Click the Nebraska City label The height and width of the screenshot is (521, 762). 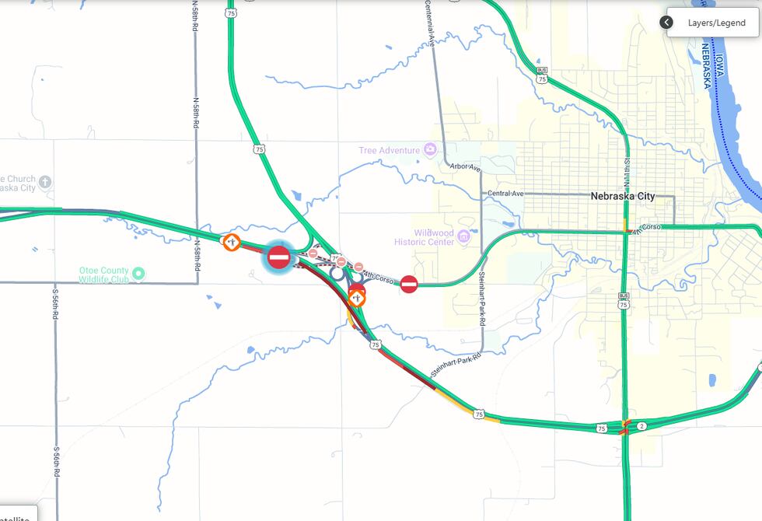(x=623, y=197)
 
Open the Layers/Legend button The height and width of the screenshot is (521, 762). (x=716, y=23)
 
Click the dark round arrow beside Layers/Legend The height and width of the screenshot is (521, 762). (x=666, y=23)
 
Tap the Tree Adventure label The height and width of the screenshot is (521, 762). (x=389, y=150)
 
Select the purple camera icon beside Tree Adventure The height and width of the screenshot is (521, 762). (x=429, y=150)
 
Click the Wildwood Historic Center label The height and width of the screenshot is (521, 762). (x=434, y=237)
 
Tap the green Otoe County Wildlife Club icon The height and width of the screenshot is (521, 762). (x=138, y=273)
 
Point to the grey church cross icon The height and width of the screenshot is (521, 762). (x=46, y=183)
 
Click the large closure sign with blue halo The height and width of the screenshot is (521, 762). (x=279, y=257)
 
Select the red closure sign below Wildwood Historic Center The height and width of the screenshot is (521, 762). (x=409, y=285)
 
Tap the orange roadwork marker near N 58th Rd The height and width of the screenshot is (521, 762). (x=231, y=242)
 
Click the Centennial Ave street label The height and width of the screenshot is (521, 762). (x=429, y=23)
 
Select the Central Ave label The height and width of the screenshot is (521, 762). (x=505, y=193)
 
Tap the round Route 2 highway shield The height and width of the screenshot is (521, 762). (x=642, y=426)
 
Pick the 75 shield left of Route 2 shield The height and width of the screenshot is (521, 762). (x=602, y=428)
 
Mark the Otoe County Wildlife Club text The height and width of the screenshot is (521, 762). (x=104, y=274)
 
